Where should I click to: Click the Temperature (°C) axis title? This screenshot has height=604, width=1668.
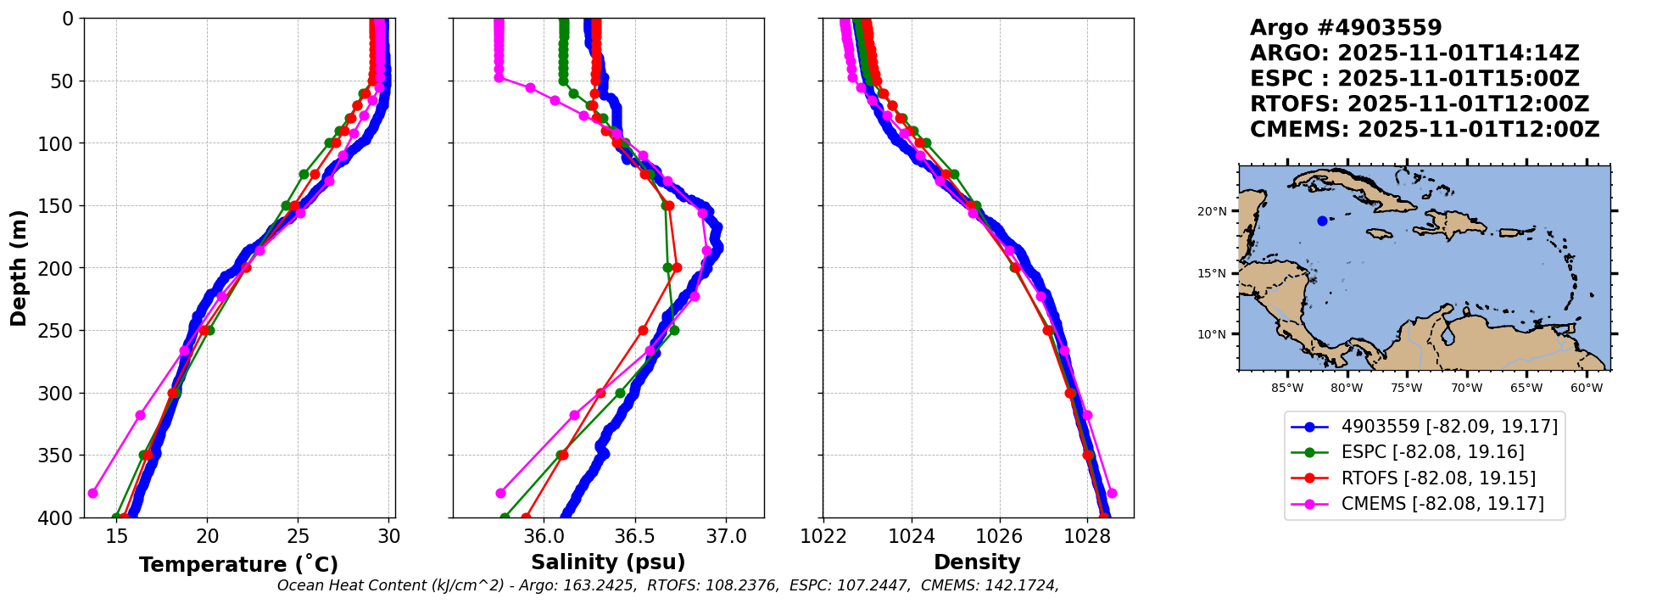238,564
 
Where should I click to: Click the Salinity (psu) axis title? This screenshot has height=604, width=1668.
608,562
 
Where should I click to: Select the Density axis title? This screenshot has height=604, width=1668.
977,562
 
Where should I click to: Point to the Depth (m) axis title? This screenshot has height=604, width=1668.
19,268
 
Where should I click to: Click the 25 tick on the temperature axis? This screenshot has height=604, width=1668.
298,536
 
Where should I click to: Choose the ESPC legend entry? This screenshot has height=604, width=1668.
1432,452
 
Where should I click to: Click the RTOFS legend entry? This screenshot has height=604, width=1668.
1438,478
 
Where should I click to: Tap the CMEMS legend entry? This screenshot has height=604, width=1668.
1442,504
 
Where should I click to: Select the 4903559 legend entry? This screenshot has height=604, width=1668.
1449,427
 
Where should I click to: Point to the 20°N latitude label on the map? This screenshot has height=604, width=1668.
1212,211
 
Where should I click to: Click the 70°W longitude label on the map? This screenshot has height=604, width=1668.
1466,389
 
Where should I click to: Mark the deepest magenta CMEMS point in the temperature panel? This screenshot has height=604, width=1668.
93,493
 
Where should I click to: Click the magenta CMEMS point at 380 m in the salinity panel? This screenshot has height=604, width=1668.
500,493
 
